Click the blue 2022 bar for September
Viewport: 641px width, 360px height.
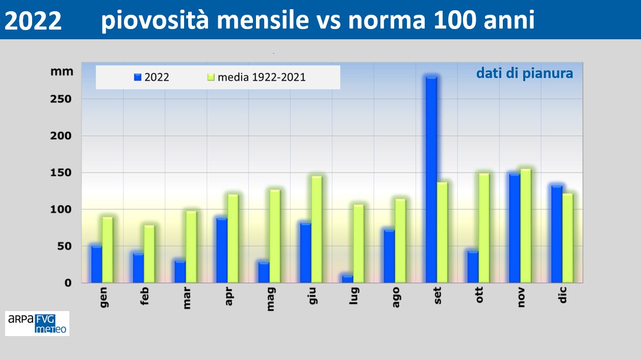tap(431, 179)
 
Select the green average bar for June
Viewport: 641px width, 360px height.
tap(317, 229)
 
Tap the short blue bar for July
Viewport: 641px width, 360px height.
tap(347, 279)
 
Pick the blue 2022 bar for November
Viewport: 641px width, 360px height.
tap(515, 228)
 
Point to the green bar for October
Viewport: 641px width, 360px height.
tap(484, 228)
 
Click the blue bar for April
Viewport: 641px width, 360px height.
tap(222, 250)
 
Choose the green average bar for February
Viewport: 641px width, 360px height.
tap(149, 254)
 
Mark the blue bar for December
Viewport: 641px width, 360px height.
tap(557, 234)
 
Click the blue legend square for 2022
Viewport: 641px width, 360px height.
tap(138, 77)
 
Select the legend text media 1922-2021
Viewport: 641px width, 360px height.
tap(262, 78)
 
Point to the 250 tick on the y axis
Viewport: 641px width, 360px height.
tap(61, 99)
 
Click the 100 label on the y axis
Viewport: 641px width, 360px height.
tap(61, 210)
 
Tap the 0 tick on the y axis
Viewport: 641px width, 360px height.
tap(68, 283)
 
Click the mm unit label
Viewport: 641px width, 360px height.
tap(62, 71)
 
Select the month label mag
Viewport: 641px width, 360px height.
tap(270, 299)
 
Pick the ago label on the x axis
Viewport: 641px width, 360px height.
tap(396, 297)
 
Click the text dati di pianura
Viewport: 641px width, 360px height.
tap(525, 73)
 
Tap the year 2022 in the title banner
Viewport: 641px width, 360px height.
tap(33, 20)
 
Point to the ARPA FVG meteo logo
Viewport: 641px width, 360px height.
tap(37, 323)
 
